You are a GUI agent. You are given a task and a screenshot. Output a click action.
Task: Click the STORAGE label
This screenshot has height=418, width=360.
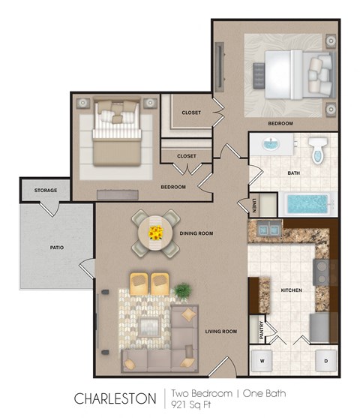pos(45,190)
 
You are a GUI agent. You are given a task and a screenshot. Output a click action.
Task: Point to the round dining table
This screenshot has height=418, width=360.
pos(155,233)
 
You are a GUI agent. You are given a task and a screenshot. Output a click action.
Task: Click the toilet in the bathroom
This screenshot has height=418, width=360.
pos(316,150)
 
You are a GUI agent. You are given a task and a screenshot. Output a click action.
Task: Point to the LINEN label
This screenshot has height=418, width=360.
pos(254,203)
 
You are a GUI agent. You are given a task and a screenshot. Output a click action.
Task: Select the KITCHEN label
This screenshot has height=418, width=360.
pos(291,289)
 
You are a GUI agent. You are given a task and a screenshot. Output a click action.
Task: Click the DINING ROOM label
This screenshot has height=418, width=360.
pos(196,233)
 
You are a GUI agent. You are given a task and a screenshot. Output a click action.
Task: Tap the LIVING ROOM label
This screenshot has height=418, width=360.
pos(221,331)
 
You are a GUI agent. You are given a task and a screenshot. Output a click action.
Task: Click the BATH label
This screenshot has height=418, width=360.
pos(294,173)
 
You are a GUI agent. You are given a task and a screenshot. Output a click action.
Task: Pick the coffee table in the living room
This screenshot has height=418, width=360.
pos(148,325)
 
